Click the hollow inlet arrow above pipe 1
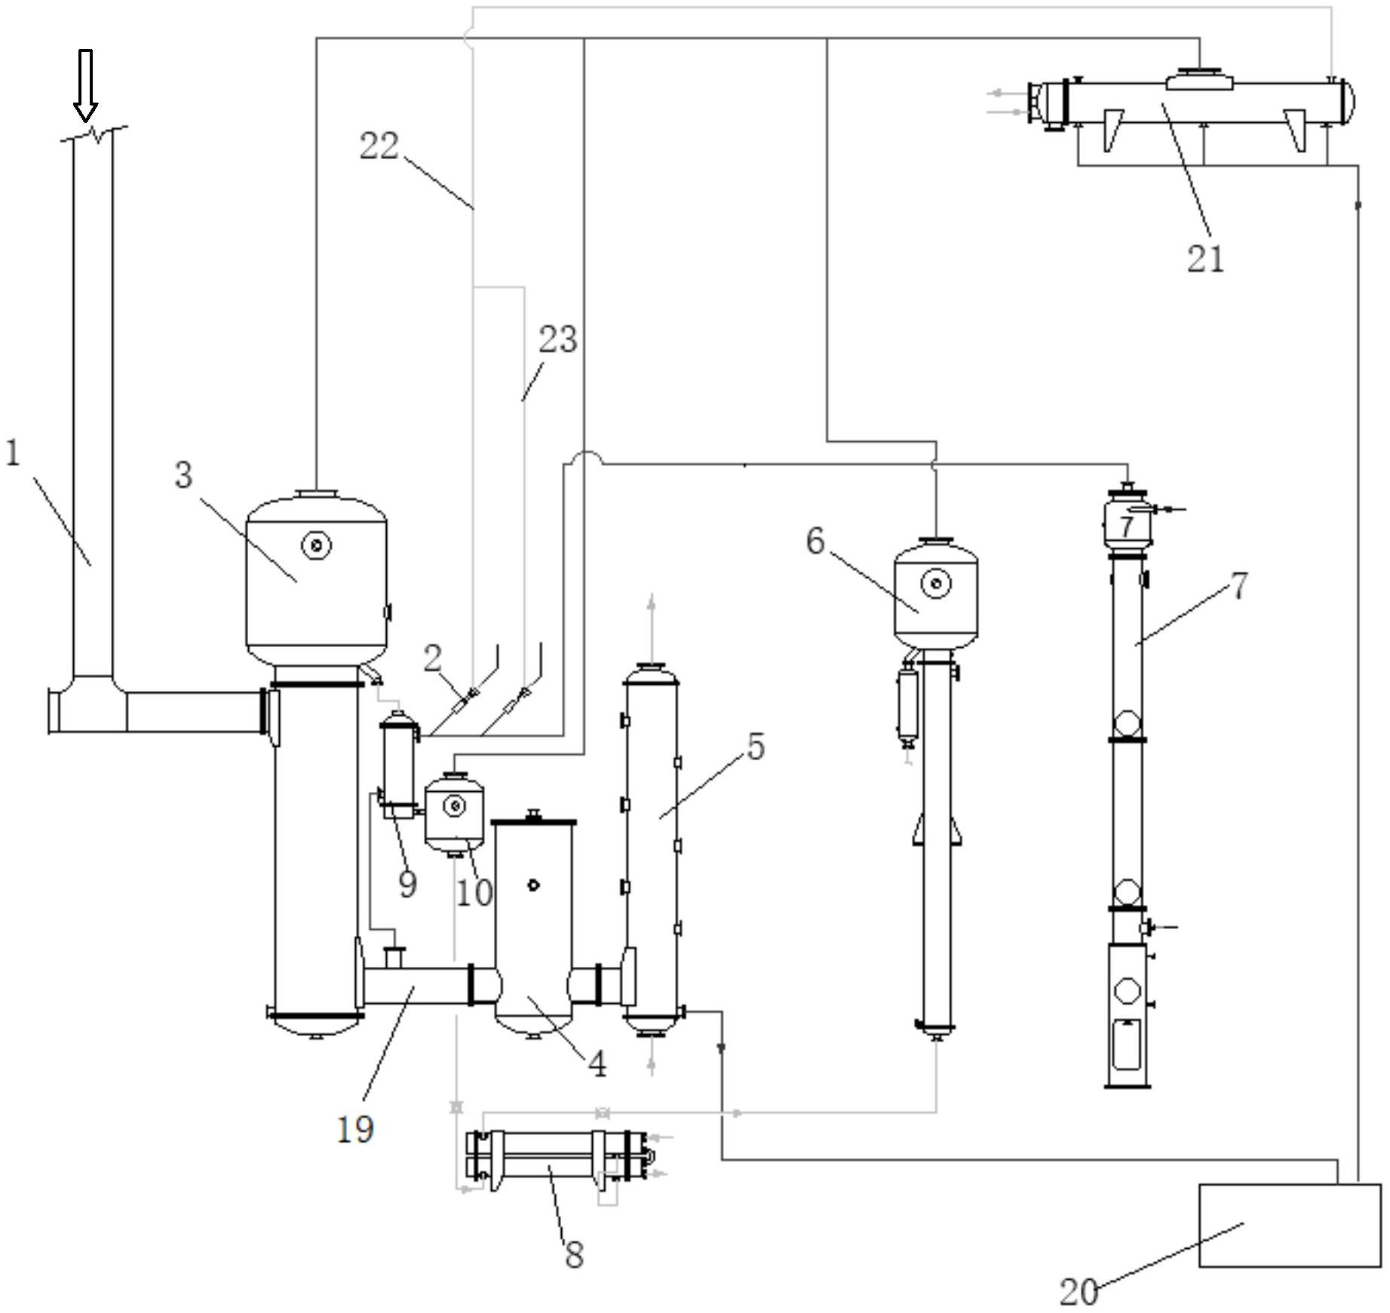click(85, 85)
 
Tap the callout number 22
click(379, 146)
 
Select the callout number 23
click(558, 339)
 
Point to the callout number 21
click(1205, 259)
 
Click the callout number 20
click(1079, 1292)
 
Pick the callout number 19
click(354, 1129)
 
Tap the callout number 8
click(574, 1255)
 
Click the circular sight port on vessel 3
click(316, 545)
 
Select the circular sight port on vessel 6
click(936, 583)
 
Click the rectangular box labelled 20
click(1290, 1225)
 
